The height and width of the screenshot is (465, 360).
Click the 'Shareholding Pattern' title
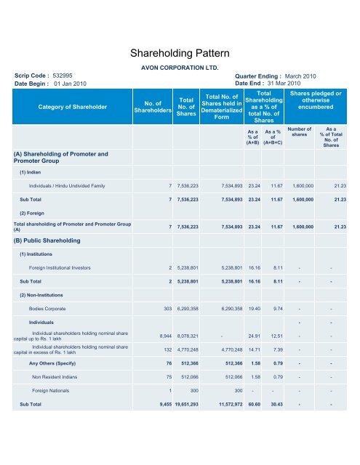[180, 53]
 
